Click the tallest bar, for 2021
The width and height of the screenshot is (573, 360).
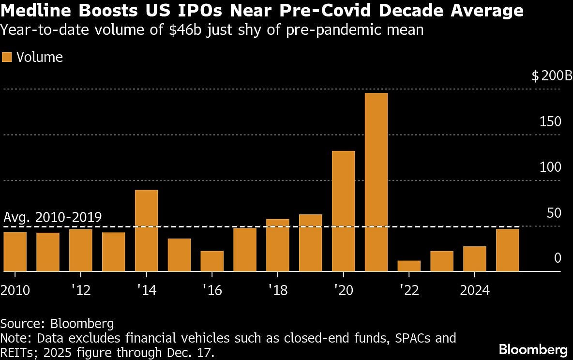(x=376, y=182)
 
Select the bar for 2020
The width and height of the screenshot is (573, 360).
(x=343, y=211)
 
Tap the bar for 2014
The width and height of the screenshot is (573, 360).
(x=146, y=230)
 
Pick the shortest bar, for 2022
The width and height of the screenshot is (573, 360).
(x=409, y=266)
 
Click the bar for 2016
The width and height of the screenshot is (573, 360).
(x=212, y=261)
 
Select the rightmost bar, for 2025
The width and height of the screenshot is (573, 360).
(x=508, y=250)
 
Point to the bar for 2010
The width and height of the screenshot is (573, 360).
(x=15, y=252)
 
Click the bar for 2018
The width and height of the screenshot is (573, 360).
(x=278, y=245)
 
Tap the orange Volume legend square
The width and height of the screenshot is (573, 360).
(x=6, y=57)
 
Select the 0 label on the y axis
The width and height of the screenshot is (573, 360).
(x=558, y=258)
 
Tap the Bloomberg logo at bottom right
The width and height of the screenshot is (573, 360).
(x=533, y=349)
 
